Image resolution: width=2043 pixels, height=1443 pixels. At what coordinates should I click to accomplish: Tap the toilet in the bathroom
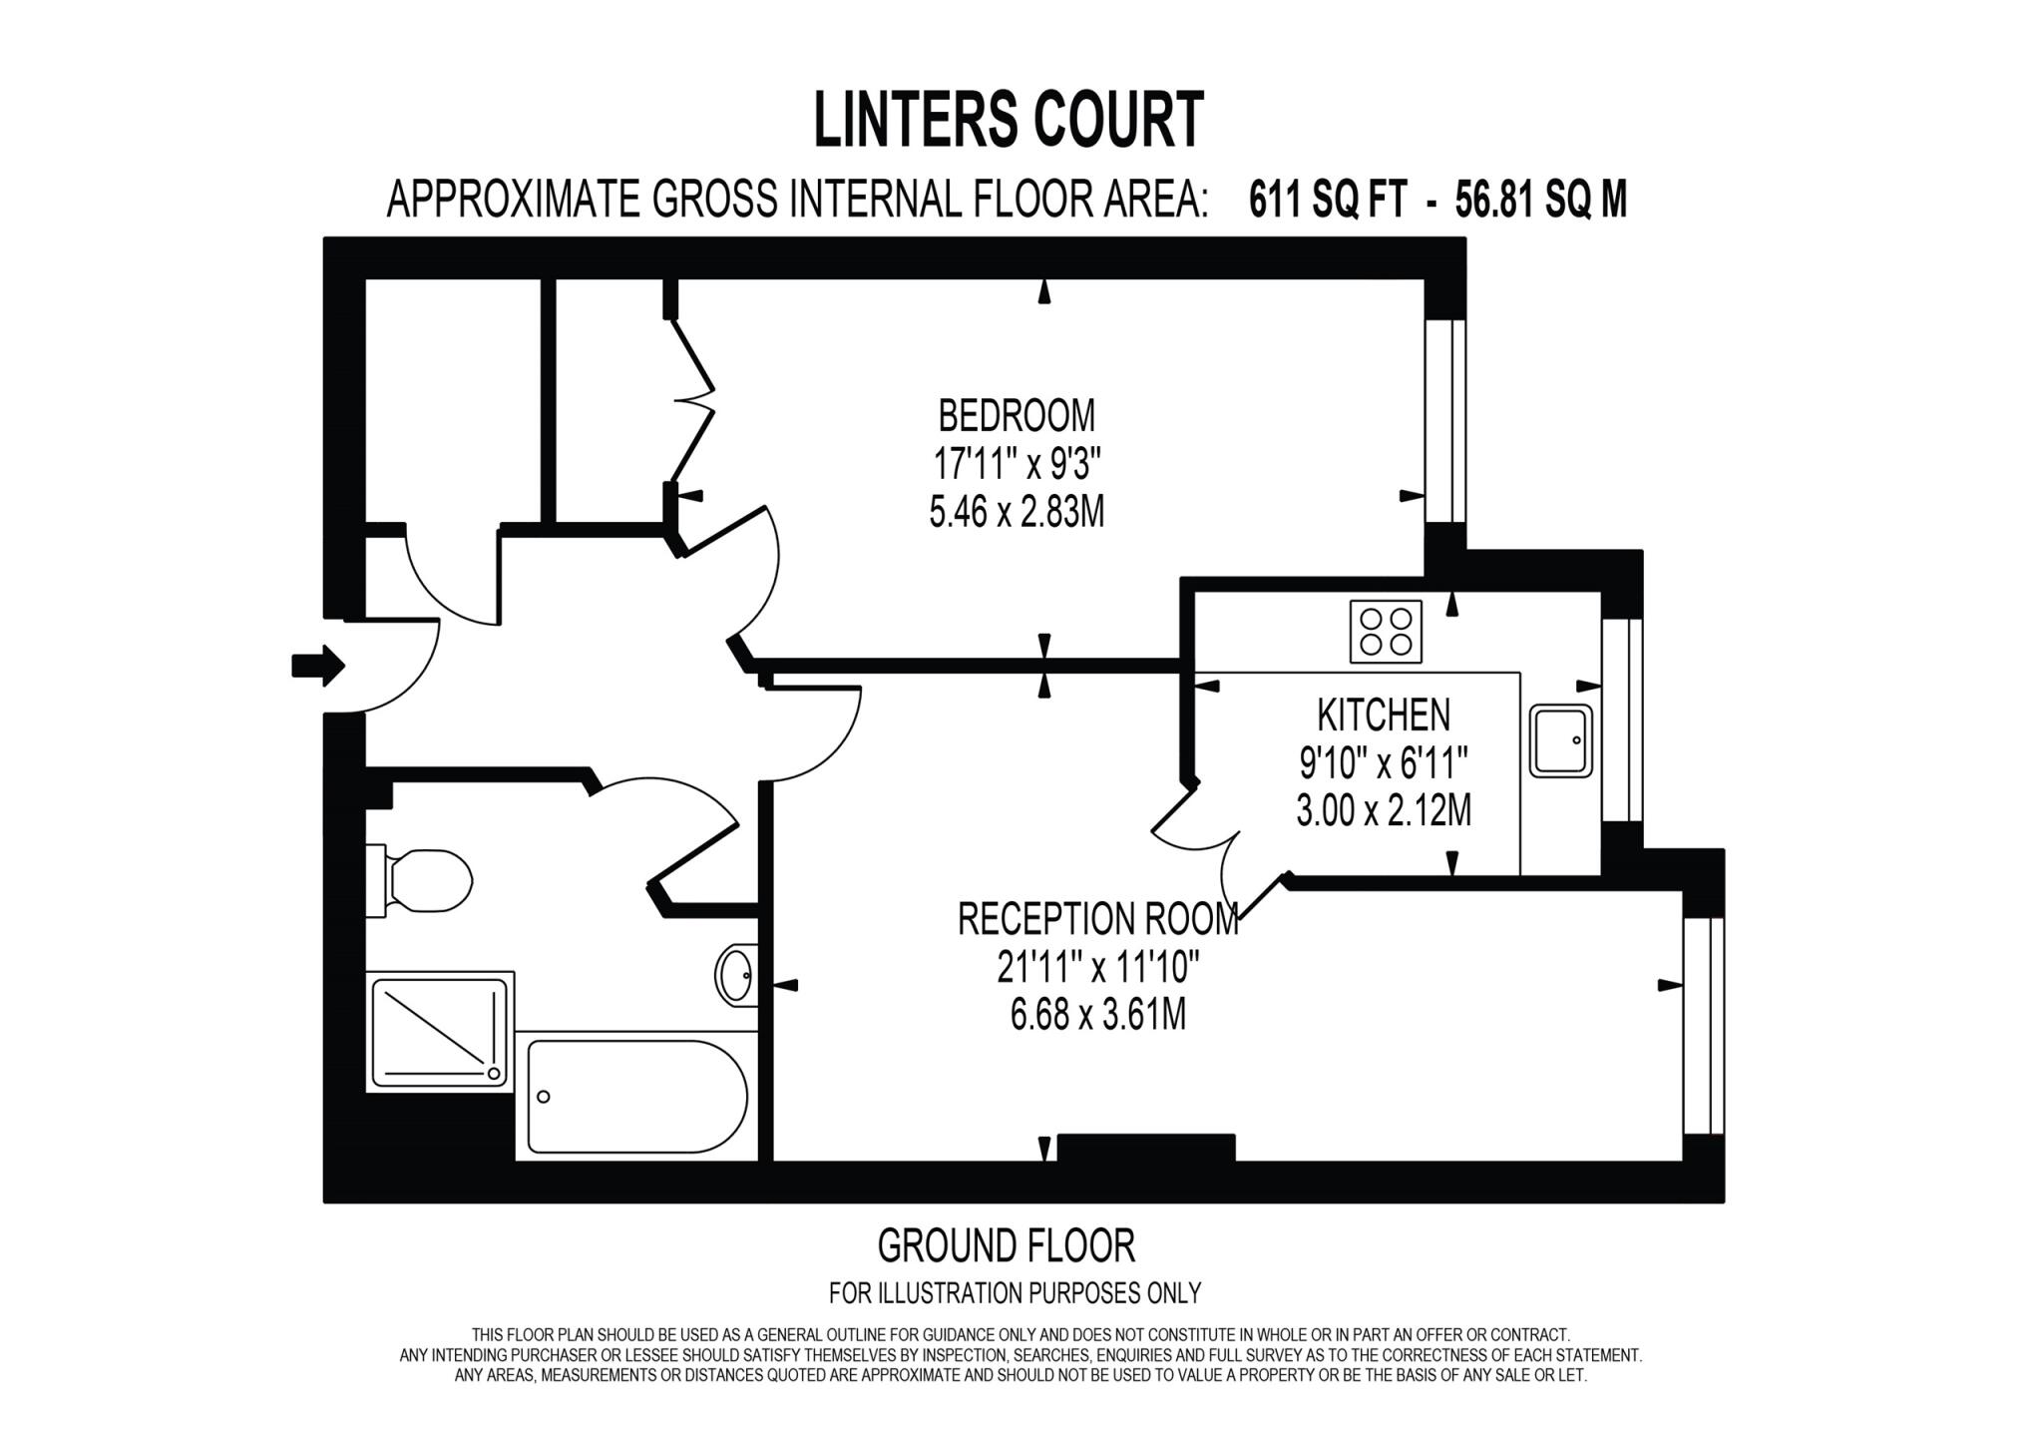[424, 880]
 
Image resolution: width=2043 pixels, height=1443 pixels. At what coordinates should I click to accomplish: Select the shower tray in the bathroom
[439, 1033]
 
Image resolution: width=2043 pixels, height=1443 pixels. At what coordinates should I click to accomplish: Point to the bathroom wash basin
[736, 973]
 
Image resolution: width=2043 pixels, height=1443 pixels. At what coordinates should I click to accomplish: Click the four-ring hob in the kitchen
[1385, 631]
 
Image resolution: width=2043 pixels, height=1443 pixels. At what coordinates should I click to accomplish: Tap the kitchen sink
[1561, 740]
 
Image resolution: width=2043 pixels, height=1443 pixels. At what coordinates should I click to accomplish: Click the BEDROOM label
[1016, 415]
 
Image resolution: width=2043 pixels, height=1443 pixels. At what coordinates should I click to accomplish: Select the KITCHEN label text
[1383, 715]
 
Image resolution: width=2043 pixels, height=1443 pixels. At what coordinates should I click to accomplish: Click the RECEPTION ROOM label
[1097, 919]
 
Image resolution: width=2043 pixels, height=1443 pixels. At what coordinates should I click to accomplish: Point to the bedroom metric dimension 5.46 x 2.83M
[1016, 513]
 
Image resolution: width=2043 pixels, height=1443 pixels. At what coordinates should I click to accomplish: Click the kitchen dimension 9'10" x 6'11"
[1383, 764]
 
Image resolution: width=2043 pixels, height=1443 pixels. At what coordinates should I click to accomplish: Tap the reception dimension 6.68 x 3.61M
[1097, 1016]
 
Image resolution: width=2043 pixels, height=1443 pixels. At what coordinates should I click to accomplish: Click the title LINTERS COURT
[1009, 120]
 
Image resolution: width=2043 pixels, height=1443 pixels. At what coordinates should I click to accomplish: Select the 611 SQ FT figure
[1328, 201]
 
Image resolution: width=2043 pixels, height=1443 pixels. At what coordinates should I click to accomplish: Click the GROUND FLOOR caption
[1006, 1245]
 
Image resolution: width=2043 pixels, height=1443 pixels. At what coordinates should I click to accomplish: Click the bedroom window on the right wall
[1444, 420]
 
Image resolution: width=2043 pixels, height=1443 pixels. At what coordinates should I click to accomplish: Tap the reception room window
[1703, 1025]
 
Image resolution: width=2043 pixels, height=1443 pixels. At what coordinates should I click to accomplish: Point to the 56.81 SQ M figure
[1540, 201]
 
